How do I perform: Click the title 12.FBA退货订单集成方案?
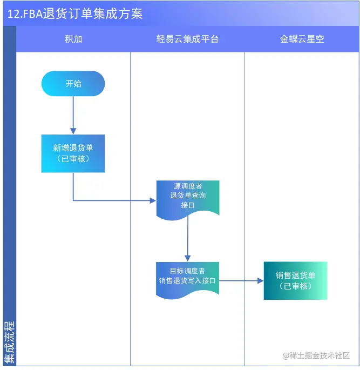tap(76, 14)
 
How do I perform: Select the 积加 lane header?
tap(73, 39)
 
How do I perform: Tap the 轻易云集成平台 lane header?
tap(187, 39)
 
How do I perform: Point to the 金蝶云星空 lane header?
tap(302, 39)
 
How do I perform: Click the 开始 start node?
tap(73, 84)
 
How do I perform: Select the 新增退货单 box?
tap(73, 153)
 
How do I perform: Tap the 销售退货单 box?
tap(296, 280)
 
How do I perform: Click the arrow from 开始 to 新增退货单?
tap(73, 115)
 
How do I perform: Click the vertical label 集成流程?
tap(9, 342)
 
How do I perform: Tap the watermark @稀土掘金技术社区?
tap(316, 355)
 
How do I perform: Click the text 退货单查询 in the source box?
tap(188, 195)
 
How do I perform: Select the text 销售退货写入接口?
tap(187, 280)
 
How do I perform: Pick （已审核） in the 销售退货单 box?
tap(296, 286)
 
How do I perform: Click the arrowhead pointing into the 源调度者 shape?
tap(152, 200)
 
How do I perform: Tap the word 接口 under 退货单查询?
tap(188, 205)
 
